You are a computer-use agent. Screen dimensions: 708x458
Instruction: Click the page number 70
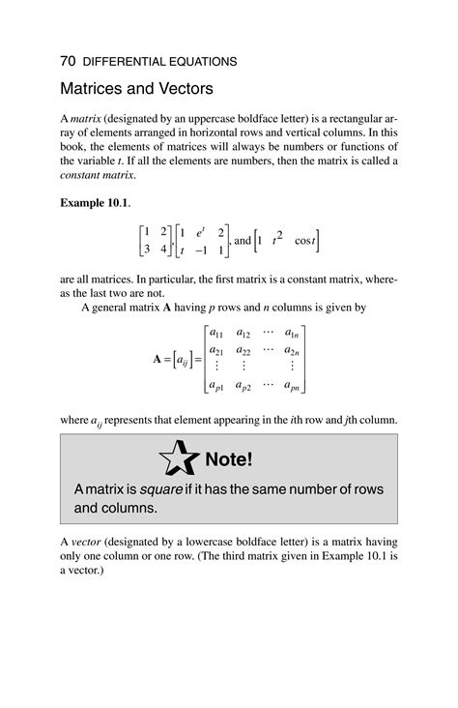pyautogui.click(x=68, y=61)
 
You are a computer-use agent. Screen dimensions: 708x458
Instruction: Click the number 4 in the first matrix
pyautogui.click(x=163, y=249)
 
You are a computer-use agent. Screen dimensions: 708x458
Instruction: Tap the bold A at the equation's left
pyautogui.click(x=158, y=359)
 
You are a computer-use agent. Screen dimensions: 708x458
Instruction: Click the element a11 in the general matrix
pyautogui.click(x=218, y=334)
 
